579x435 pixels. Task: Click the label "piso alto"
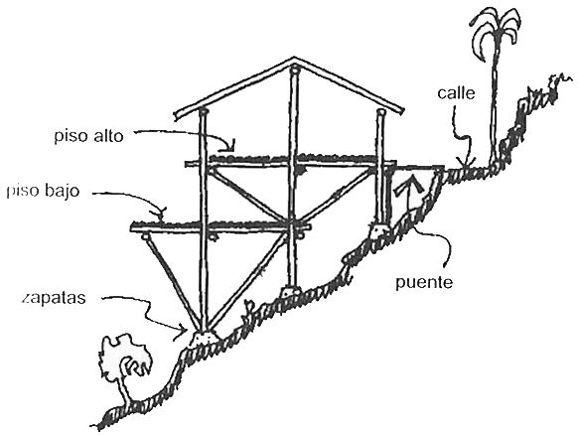pyautogui.click(x=88, y=136)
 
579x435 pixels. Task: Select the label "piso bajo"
pyautogui.click(x=44, y=192)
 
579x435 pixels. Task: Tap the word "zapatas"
pyautogui.click(x=54, y=298)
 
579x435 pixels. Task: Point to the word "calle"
pyautogui.click(x=456, y=92)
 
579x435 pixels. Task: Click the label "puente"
pyautogui.click(x=424, y=283)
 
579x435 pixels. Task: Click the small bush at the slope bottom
pyautogui.click(x=125, y=361)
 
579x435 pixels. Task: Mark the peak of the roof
pyautogui.click(x=294, y=59)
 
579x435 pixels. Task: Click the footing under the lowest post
pyautogui.click(x=202, y=339)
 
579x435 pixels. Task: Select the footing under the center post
pyautogui.click(x=290, y=291)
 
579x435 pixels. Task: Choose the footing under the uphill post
pyautogui.click(x=379, y=230)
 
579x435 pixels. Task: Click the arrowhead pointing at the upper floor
pyautogui.click(x=229, y=147)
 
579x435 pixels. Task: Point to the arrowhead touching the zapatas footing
pyautogui.click(x=183, y=330)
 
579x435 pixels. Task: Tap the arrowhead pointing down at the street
pyautogui.click(x=466, y=163)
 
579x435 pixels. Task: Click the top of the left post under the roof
pyautogui.click(x=203, y=111)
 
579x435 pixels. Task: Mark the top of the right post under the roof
pyautogui.click(x=381, y=111)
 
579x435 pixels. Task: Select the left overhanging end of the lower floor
pyautogui.click(x=132, y=228)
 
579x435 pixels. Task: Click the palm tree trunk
pyautogui.click(x=495, y=103)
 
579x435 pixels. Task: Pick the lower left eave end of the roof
pyautogui.click(x=177, y=115)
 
